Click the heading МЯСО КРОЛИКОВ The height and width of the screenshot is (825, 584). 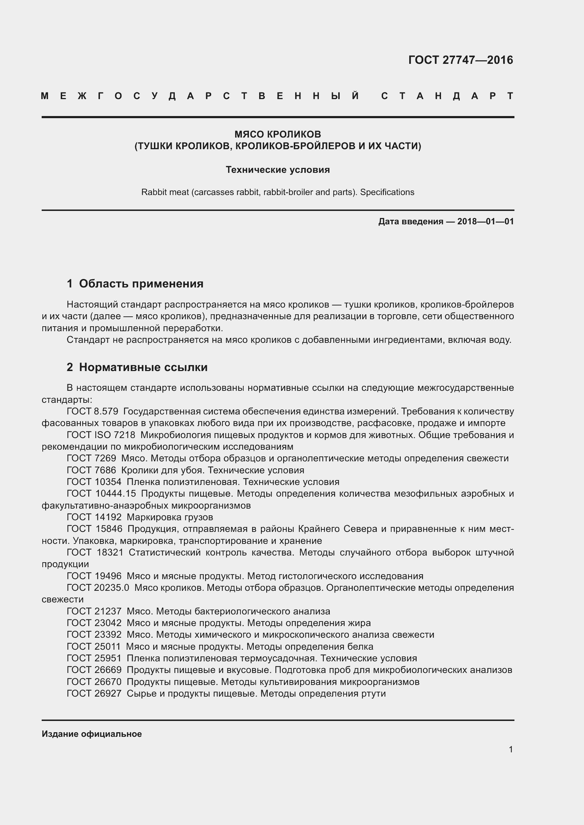click(x=278, y=134)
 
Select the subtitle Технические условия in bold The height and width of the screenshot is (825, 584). click(x=278, y=170)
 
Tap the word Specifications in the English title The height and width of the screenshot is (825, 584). click(x=387, y=192)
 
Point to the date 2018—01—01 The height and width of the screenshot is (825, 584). click(x=485, y=222)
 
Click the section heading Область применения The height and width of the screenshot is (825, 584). click(x=141, y=284)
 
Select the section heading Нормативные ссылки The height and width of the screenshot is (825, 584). click(x=143, y=367)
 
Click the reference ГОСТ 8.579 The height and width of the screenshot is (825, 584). click(x=93, y=411)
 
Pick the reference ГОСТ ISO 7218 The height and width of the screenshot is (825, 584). click(x=101, y=435)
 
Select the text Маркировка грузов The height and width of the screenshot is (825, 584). click(x=170, y=517)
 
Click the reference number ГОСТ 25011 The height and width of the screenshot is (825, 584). click(x=94, y=647)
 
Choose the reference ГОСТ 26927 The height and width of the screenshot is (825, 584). click(x=94, y=693)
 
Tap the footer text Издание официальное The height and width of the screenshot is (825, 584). click(x=92, y=734)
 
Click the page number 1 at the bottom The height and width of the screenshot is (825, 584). click(x=511, y=749)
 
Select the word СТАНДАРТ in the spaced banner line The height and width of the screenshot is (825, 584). click(x=447, y=96)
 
